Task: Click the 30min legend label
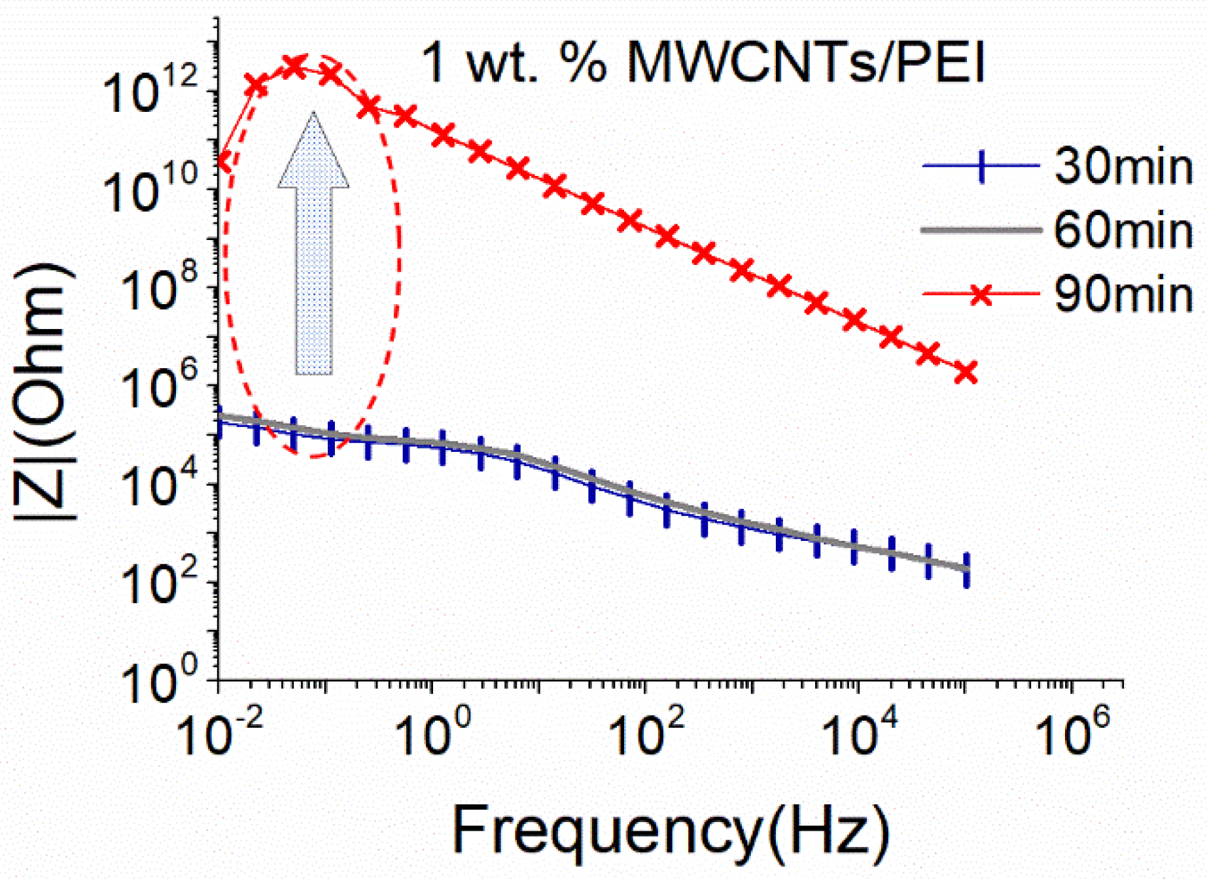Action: (1123, 166)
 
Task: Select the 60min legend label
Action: (1123, 230)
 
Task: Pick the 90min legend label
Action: (1123, 294)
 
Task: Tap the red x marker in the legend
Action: (980, 294)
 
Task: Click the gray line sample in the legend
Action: (980, 230)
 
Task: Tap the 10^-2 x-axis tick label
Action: (219, 732)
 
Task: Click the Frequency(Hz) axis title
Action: (671, 831)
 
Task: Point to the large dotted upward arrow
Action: (313, 249)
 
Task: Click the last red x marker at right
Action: (966, 373)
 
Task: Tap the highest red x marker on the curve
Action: (294, 65)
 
